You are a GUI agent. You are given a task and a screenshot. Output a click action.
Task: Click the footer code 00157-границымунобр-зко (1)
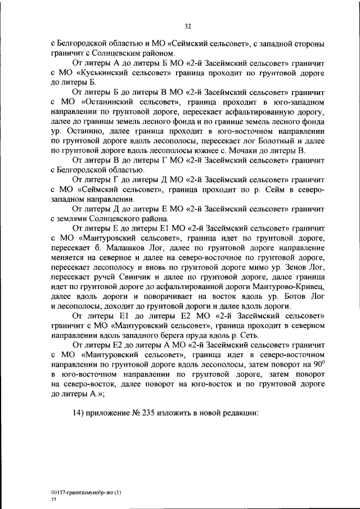pyautogui.click(x=85, y=492)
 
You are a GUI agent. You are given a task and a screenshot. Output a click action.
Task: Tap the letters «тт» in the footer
pyautogui.click(x=53, y=498)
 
